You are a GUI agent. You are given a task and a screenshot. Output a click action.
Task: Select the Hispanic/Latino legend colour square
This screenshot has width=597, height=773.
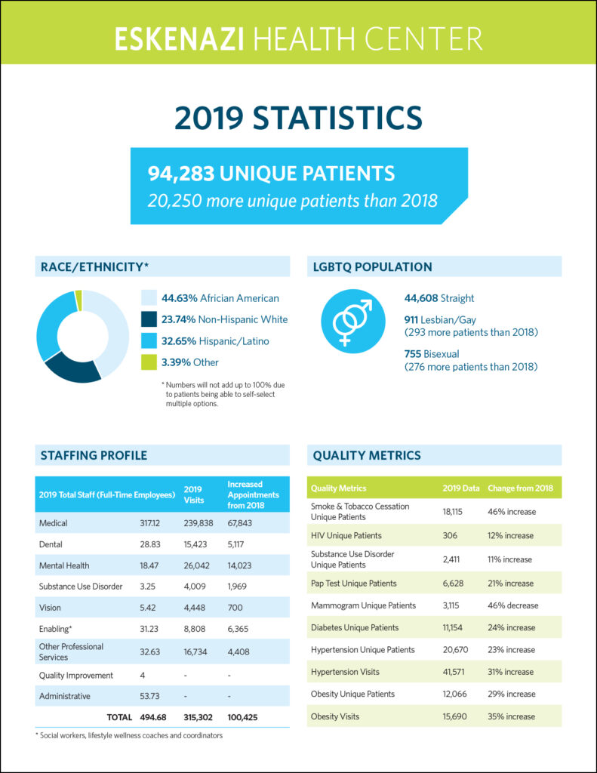click(x=149, y=340)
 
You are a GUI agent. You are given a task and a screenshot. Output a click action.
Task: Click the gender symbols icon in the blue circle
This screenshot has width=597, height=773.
click(x=352, y=322)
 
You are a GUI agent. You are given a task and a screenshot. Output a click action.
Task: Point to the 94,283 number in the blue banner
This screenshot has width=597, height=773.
click(x=181, y=174)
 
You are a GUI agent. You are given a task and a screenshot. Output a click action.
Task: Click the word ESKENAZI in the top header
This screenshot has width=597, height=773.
click(x=180, y=39)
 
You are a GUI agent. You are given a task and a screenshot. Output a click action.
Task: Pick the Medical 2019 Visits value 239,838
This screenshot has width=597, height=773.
click(x=198, y=523)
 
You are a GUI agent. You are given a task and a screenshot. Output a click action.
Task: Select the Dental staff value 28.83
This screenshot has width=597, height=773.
click(x=150, y=544)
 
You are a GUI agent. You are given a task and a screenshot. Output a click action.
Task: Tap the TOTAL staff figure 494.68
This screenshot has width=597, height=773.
click(x=152, y=717)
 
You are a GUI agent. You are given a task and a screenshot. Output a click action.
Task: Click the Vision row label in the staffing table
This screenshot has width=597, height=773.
click(x=50, y=608)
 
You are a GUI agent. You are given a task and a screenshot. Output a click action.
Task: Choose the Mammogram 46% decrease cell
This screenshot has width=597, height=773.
click(x=512, y=605)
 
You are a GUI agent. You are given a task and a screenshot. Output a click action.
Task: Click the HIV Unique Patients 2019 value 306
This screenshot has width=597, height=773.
click(x=450, y=535)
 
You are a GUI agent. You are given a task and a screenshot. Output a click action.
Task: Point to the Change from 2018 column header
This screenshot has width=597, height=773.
click(x=520, y=488)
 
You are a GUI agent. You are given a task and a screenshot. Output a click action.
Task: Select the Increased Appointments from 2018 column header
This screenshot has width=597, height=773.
click(x=253, y=494)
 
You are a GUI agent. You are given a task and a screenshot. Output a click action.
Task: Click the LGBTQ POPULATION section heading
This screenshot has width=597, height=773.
click(x=372, y=266)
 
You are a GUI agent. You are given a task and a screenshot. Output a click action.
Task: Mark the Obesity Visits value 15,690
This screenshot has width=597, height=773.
click(x=454, y=716)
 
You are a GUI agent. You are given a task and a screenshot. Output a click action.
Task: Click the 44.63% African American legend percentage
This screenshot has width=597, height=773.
click(x=180, y=298)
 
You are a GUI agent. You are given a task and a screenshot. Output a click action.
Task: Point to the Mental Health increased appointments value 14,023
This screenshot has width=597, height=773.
click(x=239, y=565)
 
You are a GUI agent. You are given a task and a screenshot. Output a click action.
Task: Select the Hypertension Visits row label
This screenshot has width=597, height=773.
click(x=345, y=672)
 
